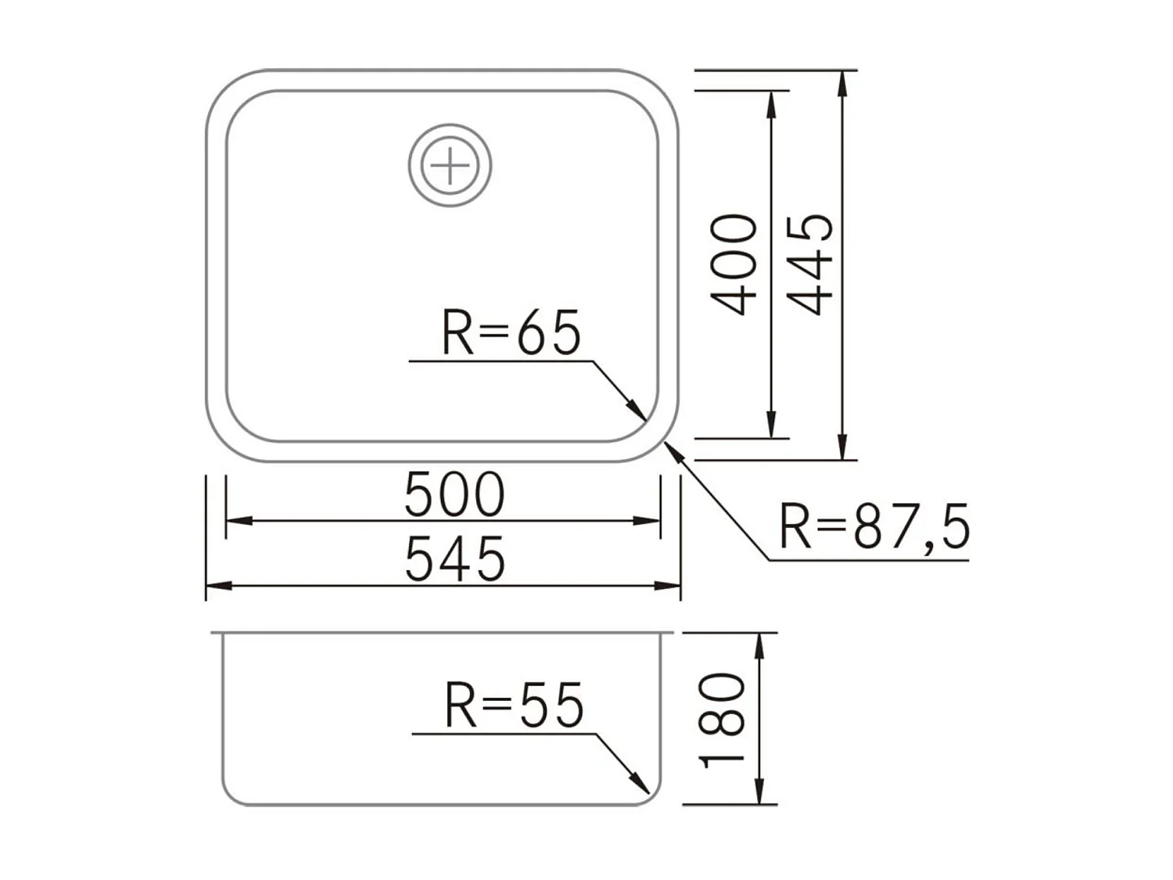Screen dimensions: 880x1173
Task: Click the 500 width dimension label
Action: [x=454, y=495]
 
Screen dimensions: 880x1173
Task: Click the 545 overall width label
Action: [x=454, y=560]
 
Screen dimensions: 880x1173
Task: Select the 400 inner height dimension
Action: [x=734, y=264]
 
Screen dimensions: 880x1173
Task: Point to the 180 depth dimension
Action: [x=722, y=720]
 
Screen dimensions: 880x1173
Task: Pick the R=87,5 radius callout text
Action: [x=874, y=526]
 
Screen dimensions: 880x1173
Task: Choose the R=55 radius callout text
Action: [x=514, y=706]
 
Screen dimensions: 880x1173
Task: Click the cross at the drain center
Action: [x=450, y=166]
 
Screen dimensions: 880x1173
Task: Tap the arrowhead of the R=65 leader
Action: [x=640, y=414]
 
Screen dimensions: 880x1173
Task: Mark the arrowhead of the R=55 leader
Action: [x=642, y=785]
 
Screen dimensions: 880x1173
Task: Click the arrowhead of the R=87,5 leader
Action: [x=671, y=449]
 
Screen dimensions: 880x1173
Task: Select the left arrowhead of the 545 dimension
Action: [x=214, y=585]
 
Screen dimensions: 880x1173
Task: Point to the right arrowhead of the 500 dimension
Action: [x=651, y=520]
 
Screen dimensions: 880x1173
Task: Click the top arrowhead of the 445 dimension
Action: [x=842, y=80]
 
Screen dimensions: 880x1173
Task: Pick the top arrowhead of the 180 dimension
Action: [x=759, y=642]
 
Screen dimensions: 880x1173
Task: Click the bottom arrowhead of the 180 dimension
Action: [x=759, y=795]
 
